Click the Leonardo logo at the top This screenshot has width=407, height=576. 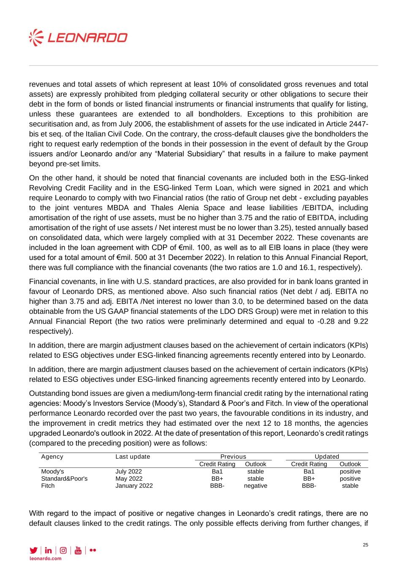point(78,38)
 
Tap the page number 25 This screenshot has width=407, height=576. point(366,545)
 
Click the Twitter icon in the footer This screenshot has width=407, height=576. point(33,550)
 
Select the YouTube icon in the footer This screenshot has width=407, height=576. point(78,550)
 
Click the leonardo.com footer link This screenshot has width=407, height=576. point(45,558)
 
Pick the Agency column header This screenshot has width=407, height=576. point(52,457)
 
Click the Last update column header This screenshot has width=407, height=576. point(133,457)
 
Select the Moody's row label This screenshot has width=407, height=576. point(52,471)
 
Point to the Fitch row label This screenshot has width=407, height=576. point(48,486)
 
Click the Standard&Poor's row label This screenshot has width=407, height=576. point(64,479)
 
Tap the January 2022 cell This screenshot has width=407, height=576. point(134,486)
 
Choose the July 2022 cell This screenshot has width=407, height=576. point(128,471)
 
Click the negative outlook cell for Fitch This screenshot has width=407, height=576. point(255,486)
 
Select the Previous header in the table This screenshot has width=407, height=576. point(233,457)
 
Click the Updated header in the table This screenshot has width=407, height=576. point(327,457)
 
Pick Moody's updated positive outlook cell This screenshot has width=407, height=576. point(350,471)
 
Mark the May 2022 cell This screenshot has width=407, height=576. point(129,479)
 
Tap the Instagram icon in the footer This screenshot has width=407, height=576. point(63,550)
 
